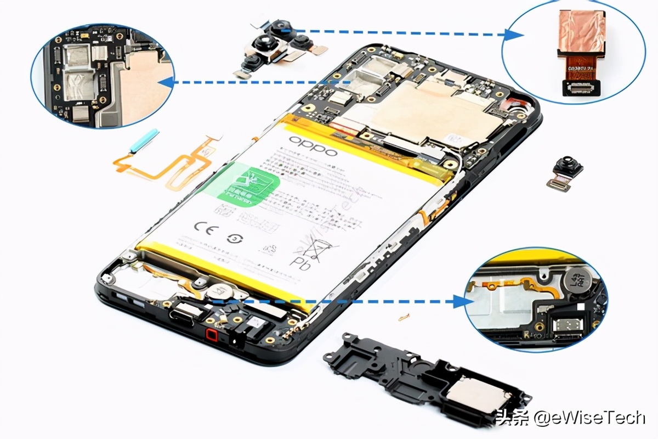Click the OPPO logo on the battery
[313, 145]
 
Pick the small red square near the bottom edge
[212, 335]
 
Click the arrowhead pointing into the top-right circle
[513, 35]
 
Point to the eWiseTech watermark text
[589, 418]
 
